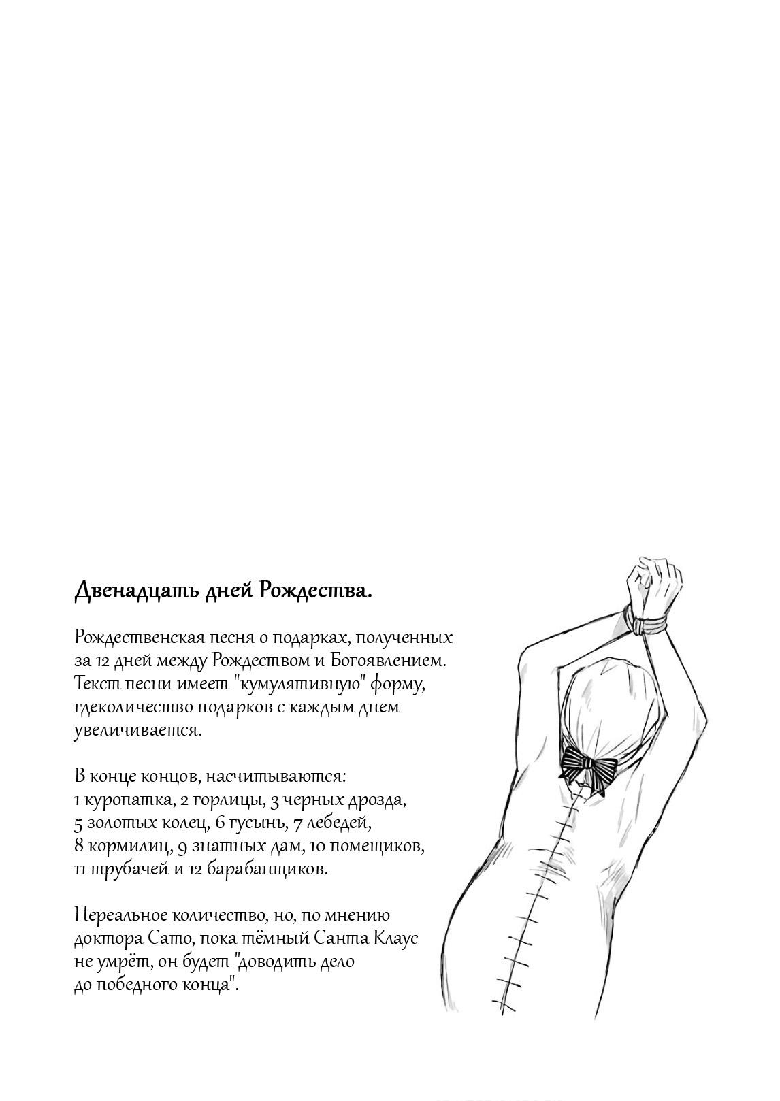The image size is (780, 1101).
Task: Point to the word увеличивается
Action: coord(138,729)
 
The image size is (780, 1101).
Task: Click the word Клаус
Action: coord(395,939)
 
